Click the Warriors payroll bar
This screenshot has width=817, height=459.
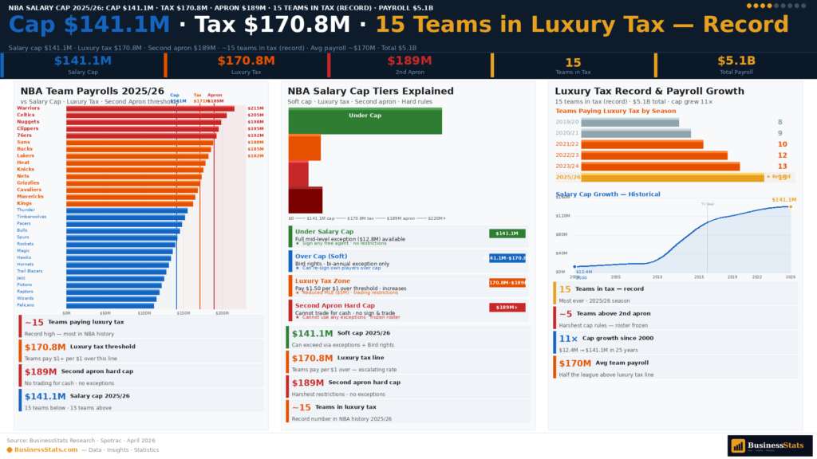coord(150,108)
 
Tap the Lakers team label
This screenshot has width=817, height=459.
coord(26,155)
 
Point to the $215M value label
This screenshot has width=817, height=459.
coord(255,108)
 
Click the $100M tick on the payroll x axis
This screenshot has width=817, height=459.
coord(144,313)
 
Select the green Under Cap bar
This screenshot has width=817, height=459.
coord(365,121)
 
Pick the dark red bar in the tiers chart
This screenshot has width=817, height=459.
coord(305,200)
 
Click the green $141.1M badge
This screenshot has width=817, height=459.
coord(507,233)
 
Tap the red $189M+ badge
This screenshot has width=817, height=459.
coord(507,307)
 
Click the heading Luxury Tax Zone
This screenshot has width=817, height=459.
coord(322,281)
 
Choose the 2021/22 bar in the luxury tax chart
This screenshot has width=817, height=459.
coord(642,144)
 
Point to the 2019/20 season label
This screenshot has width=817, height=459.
coord(566,122)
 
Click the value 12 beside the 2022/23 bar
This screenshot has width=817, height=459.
coord(782,155)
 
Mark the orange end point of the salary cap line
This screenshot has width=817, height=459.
coord(790,206)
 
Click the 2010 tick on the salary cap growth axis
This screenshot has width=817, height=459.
coord(657,277)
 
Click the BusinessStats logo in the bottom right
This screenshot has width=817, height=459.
coord(769,446)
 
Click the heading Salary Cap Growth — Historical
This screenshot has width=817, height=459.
coord(608,194)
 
